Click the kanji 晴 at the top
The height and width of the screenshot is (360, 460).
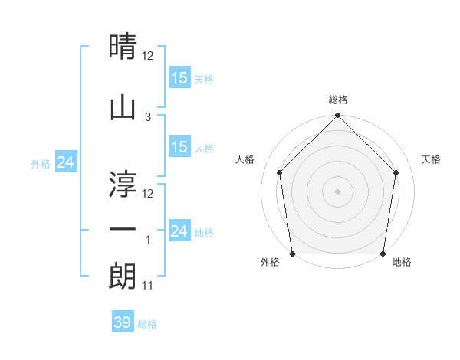pos(123,47)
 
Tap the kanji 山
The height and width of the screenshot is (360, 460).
pos(123,107)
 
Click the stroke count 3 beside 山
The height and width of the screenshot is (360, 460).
pos(148,117)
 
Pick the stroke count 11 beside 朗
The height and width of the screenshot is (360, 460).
pos(149,286)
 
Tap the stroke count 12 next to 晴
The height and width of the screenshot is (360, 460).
pos(149,56)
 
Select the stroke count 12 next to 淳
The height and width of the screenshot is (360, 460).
pos(149,193)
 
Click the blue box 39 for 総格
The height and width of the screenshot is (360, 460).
pos(123,322)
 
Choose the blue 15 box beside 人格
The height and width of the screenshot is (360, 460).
pos(179,147)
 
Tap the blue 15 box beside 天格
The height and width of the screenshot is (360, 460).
pos(179,77)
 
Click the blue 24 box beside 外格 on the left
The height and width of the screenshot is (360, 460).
pos(66,162)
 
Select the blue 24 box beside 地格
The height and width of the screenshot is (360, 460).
pos(179,231)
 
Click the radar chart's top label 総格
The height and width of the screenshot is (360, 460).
pos(337,100)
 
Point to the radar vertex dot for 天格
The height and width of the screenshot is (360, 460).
pos(396,172)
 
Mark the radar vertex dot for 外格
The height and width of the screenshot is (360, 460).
pos(292,254)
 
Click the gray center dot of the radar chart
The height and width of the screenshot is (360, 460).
pos(337,191)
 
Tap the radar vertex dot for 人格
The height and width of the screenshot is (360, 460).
pos(279,172)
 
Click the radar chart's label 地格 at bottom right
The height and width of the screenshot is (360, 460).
pos(402,263)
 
